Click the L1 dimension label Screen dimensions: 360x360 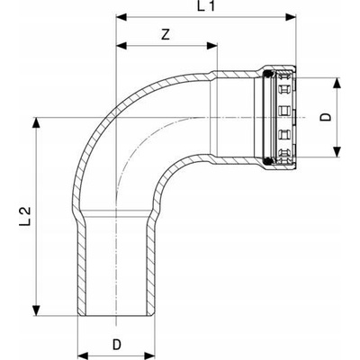coord(206,6)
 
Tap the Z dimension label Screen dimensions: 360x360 coord(166,34)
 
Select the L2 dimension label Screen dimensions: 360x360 coord(25,215)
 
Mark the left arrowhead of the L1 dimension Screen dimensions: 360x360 coord(121,17)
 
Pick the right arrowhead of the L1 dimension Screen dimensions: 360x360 coord(291,17)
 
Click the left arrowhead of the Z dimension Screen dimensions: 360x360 coord(121,46)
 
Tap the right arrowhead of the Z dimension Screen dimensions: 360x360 coord(211,46)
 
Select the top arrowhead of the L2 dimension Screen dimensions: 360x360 coord(36,122)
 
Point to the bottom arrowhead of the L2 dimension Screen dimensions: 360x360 coord(36,310)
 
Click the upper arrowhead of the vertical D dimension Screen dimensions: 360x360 coord(337,83)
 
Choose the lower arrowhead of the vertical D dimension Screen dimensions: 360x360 coord(337,151)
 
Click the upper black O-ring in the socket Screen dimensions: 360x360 coord(268,74)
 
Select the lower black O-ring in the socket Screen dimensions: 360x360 coord(268,161)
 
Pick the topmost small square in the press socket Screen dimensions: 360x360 coord(283,89)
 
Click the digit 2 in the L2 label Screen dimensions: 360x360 coord(25,211)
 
